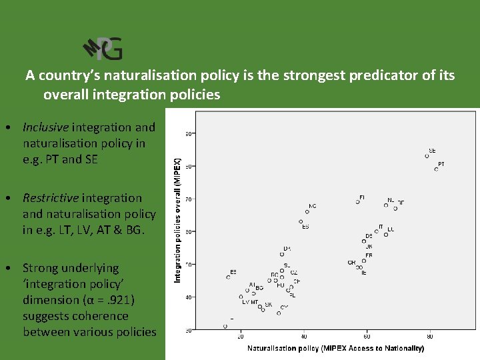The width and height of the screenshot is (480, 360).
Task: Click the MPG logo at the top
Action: (x=103, y=48)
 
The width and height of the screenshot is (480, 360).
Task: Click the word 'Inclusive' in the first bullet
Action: (x=45, y=127)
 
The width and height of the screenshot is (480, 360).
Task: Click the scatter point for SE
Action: (x=427, y=156)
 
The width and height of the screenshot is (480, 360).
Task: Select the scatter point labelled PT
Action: (x=437, y=169)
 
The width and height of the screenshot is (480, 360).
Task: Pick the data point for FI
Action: (x=357, y=201)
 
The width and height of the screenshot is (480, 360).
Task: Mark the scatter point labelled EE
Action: (x=228, y=277)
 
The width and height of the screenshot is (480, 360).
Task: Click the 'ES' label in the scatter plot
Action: (x=305, y=227)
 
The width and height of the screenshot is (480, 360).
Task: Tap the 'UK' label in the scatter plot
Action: (x=369, y=247)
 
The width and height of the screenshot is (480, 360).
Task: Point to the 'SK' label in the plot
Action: (x=268, y=305)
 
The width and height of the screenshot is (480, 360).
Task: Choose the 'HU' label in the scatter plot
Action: (x=281, y=285)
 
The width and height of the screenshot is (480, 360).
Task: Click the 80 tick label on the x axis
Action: (x=430, y=336)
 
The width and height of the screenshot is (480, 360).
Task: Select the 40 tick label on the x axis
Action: (x=304, y=336)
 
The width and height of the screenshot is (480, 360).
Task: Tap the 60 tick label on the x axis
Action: (x=367, y=336)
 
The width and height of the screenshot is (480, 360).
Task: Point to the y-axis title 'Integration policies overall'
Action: (x=177, y=219)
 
